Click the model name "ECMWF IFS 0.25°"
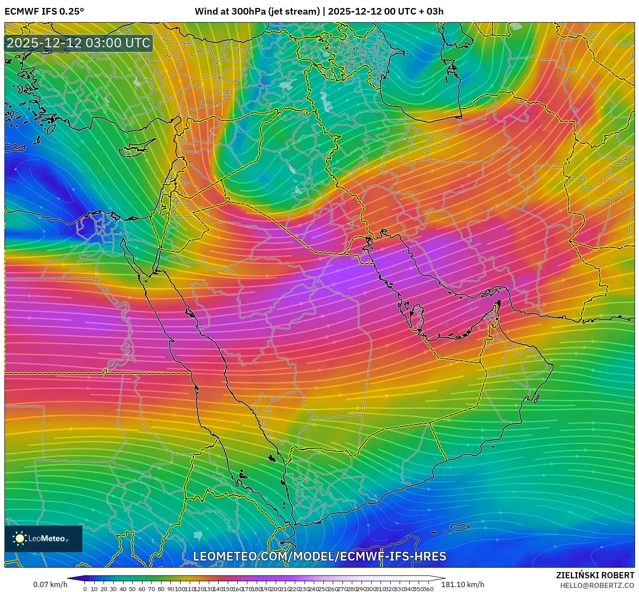(x=44, y=12)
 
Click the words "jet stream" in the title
(x=294, y=12)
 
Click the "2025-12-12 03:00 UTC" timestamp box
(x=79, y=43)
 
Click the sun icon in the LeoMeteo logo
(x=19, y=538)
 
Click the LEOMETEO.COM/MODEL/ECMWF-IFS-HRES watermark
(x=319, y=556)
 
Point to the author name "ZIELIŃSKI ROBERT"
(x=595, y=575)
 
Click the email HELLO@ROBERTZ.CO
(x=597, y=585)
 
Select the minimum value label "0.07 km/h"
(x=50, y=584)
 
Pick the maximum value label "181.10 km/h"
(x=463, y=584)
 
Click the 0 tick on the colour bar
(x=85, y=589)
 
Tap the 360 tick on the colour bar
(x=428, y=589)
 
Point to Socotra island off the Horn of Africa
(x=460, y=527)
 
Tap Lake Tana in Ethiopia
(x=198, y=536)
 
